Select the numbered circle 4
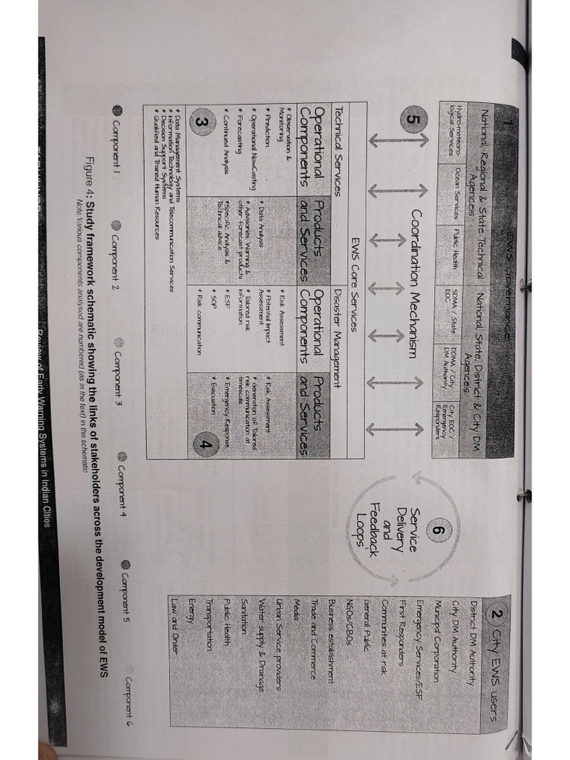click(x=205, y=444)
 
